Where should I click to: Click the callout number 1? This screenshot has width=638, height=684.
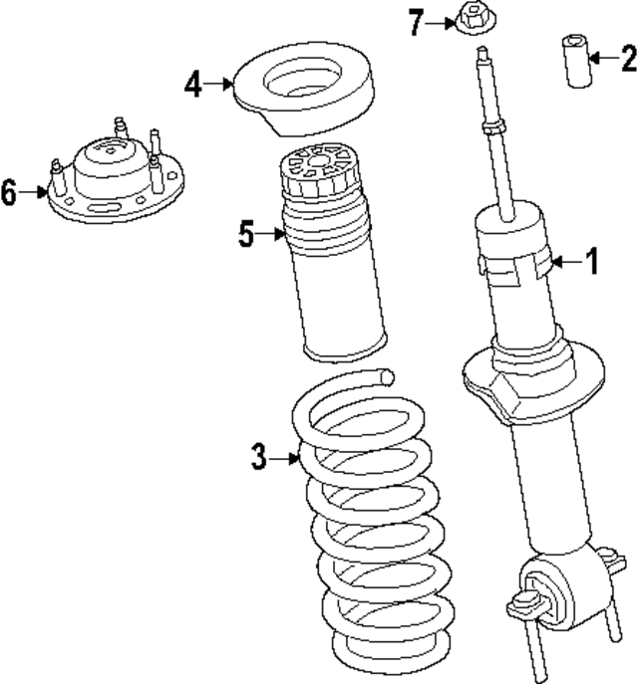click(592, 262)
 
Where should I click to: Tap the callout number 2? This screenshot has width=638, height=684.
click(627, 59)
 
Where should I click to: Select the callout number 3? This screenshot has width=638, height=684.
click(258, 458)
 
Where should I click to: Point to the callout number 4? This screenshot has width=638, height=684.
click(192, 86)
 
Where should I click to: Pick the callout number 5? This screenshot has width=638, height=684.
click(247, 235)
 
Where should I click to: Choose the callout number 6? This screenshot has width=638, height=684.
click(9, 192)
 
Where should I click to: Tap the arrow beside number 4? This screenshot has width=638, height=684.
click(218, 86)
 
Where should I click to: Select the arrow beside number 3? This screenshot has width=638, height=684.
click(283, 458)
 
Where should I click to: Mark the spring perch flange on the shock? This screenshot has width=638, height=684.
click(533, 383)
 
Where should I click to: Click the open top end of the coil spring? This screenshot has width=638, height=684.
click(386, 375)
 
